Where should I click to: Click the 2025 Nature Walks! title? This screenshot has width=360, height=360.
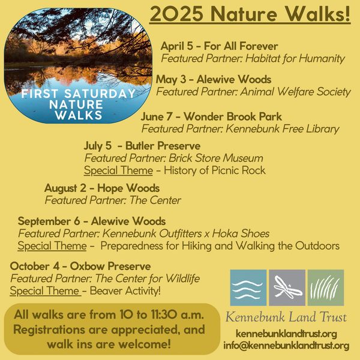tap(250, 14)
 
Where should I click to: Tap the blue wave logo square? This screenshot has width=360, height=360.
tap(248, 287)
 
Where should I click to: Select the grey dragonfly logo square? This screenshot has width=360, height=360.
tap(287, 287)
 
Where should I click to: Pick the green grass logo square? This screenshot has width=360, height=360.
tap(326, 287)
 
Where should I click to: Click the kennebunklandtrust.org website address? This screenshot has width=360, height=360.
tap(286, 334)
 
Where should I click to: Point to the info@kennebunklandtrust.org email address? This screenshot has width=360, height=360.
tap(286, 346)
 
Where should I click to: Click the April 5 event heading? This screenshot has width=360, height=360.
tap(219, 46)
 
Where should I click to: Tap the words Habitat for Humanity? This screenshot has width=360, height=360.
tap(295, 58)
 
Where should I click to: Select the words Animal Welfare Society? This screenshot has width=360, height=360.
tap(295, 92)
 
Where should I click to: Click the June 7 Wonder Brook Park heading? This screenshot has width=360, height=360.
tap(211, 116)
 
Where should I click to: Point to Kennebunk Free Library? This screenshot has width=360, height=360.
tap(283, 128)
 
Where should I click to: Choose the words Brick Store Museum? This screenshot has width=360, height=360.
tap(216, 158)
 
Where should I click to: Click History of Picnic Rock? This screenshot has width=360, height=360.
tap(215, 170)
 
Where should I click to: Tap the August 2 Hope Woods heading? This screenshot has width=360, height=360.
tap(102, 188)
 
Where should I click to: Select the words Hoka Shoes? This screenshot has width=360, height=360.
tap(241, 233)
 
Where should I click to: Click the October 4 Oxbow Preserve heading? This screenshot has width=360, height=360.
tap(80, 266)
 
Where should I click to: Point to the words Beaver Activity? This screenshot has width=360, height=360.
tap(125, 291)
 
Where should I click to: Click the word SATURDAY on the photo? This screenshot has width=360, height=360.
tap(100, 94)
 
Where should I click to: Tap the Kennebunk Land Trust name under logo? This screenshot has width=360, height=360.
tap(286, 317)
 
